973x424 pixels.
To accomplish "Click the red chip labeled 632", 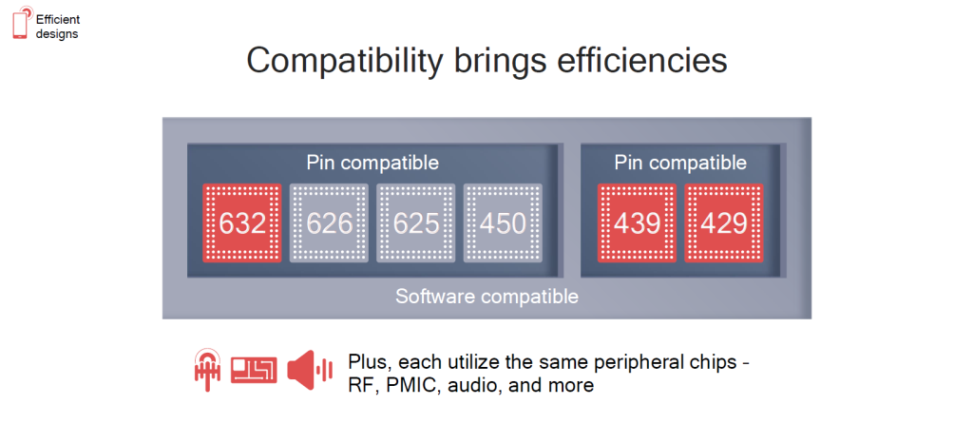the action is click(x=242, y=222).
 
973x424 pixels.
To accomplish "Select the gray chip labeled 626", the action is click(x=329, y=222).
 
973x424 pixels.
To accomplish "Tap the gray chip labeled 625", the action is click(x=416, y=222).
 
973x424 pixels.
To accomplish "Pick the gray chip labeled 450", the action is click(x=503, y=222).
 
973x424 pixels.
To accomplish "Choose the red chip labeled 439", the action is click(x=637, y=222).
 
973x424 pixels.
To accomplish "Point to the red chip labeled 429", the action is click(x=723, y=222).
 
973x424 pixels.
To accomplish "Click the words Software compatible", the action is click(x=487, y=297).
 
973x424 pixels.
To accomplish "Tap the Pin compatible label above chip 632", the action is click(x=372, y=164).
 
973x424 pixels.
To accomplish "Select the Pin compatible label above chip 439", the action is click(x=680, y=164).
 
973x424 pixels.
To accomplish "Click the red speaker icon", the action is click(x=310, y=371).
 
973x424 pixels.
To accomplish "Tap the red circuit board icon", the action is click(x=254, y=371).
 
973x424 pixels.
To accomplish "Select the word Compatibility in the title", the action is click(x=345, y=62).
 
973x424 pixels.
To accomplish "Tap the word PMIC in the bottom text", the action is click(x=404, y=386).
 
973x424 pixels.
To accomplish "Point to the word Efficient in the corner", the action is click(x=58, y=19).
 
